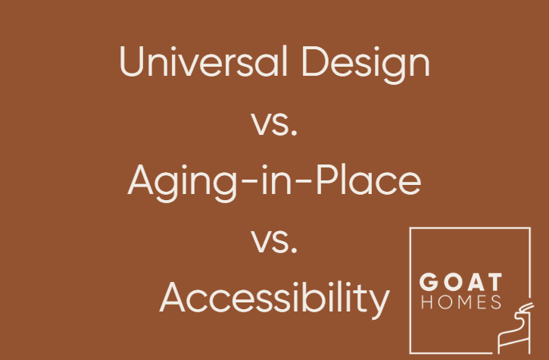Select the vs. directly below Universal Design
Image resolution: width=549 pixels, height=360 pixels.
pyautogui.click(x=274, y=123)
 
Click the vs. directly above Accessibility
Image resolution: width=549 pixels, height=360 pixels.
pyautogui.click(x=274, y=241)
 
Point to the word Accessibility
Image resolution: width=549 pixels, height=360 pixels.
pyautogui.click(x=274, y=297)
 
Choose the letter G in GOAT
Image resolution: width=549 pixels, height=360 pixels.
pyautogui.click(x=428, y=283)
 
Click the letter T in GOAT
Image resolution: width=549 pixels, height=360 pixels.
pyautogui.click(x=493, y=283)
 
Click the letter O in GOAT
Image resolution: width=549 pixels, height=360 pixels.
pyautogui.click(x=448, y=283)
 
